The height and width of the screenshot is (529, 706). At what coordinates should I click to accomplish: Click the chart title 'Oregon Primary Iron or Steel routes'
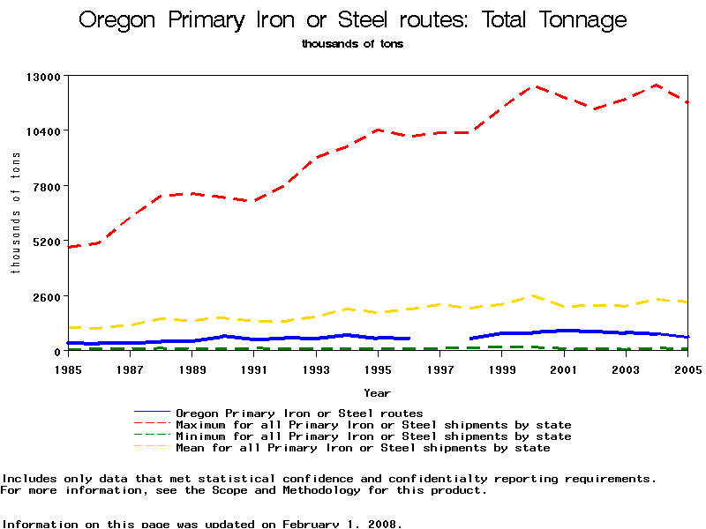(x=353, y=20)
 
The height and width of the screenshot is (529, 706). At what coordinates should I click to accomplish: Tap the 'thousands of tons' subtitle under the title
(x=352, y=43)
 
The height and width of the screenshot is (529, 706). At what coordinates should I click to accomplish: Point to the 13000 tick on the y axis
(x=41, y=77)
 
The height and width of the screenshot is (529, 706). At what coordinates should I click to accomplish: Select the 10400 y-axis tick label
(x=41, y=131)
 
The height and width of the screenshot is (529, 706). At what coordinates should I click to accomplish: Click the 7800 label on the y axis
(x=44, y=186)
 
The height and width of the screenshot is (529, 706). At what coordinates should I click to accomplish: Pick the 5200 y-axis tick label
(x=44, y=242)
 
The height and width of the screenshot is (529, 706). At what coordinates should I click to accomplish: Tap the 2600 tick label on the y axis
(x=44, y=296)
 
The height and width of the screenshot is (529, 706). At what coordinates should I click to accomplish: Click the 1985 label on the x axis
(x=68, y=369)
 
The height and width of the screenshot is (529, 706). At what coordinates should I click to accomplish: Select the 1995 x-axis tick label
(x=379, y=369)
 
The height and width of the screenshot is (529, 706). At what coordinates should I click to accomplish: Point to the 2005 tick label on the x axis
(x=687, y=369)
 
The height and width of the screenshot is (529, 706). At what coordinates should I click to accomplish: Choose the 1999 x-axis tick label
(x=502, y=369)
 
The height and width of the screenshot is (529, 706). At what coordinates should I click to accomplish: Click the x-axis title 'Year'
(x=378, y=392)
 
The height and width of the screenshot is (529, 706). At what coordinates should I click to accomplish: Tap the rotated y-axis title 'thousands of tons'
(x=15, y=212)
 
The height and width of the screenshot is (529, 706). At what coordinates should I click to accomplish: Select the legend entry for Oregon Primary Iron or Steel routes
(x=299, y=413)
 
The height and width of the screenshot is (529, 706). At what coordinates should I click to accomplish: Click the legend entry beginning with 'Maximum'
(x=373, y=425)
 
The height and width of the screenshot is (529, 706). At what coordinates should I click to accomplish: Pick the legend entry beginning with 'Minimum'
(x=373, y=436)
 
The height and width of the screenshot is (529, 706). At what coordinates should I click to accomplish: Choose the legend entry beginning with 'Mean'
(x=363, y=448)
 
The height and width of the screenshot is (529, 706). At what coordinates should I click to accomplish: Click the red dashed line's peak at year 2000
(x=533, y=86)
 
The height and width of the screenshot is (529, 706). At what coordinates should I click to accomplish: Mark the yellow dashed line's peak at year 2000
(x=533, y=296)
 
